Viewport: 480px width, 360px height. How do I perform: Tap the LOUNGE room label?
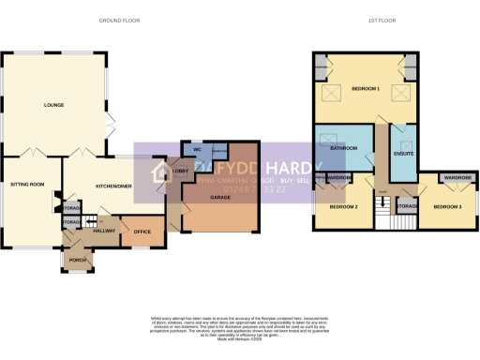pyautogui.click(x=52, y=105)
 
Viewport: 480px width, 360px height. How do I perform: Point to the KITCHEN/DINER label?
pyautogui.click(x=113, y=186)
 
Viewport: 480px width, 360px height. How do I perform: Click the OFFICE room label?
pyautogui.click(x=142, y=231)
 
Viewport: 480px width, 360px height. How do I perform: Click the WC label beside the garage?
pyautogui.click(x=198, y=150)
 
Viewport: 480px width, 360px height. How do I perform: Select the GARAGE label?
pyautogui.click(x=218, y=198)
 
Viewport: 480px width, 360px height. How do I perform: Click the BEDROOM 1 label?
pyautogui.click(x=366, y=88)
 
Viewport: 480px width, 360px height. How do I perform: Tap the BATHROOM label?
pyautogui.click(x=341, y=148)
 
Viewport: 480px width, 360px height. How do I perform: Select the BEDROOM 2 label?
pyautogui.click(x=342, y=206)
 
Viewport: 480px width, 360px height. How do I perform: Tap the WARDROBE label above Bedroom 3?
pyautogui.click(x=457, y=177)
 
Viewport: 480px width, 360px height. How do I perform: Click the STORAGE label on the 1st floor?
pyautogui.click(x=407, y=205)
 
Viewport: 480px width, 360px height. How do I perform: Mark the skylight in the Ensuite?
pyautogui.click(x=404, y=134)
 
